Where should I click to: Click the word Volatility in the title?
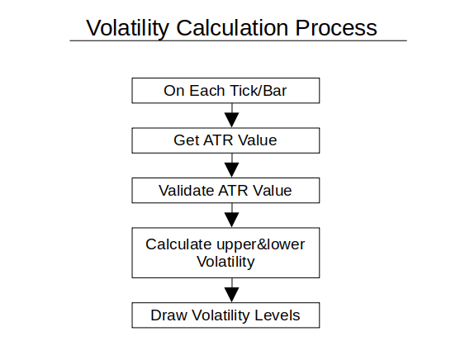coord(127,28)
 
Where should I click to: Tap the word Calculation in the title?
coord(232,28)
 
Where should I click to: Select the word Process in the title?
coord(336,28)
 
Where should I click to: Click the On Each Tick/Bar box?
coord(225,91)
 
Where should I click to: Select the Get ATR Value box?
coord(225,140)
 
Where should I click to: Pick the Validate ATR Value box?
coord(225,191)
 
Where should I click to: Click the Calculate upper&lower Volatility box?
coord(225,253)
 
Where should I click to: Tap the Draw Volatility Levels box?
coord(225,315)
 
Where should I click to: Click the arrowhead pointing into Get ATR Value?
coord(232,120)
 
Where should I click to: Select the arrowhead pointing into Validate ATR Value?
coord(232,170)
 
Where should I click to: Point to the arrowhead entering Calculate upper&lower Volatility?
coord(232,220)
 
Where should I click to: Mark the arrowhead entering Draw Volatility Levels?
coord(232,295)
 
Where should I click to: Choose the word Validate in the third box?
coord(186,191)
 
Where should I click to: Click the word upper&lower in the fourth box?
coord(261,245)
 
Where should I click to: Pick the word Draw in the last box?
coord(168,315)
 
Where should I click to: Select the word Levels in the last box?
coord(278,315)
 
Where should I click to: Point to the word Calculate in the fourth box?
coord(178,244)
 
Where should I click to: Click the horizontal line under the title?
coord(238,40)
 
